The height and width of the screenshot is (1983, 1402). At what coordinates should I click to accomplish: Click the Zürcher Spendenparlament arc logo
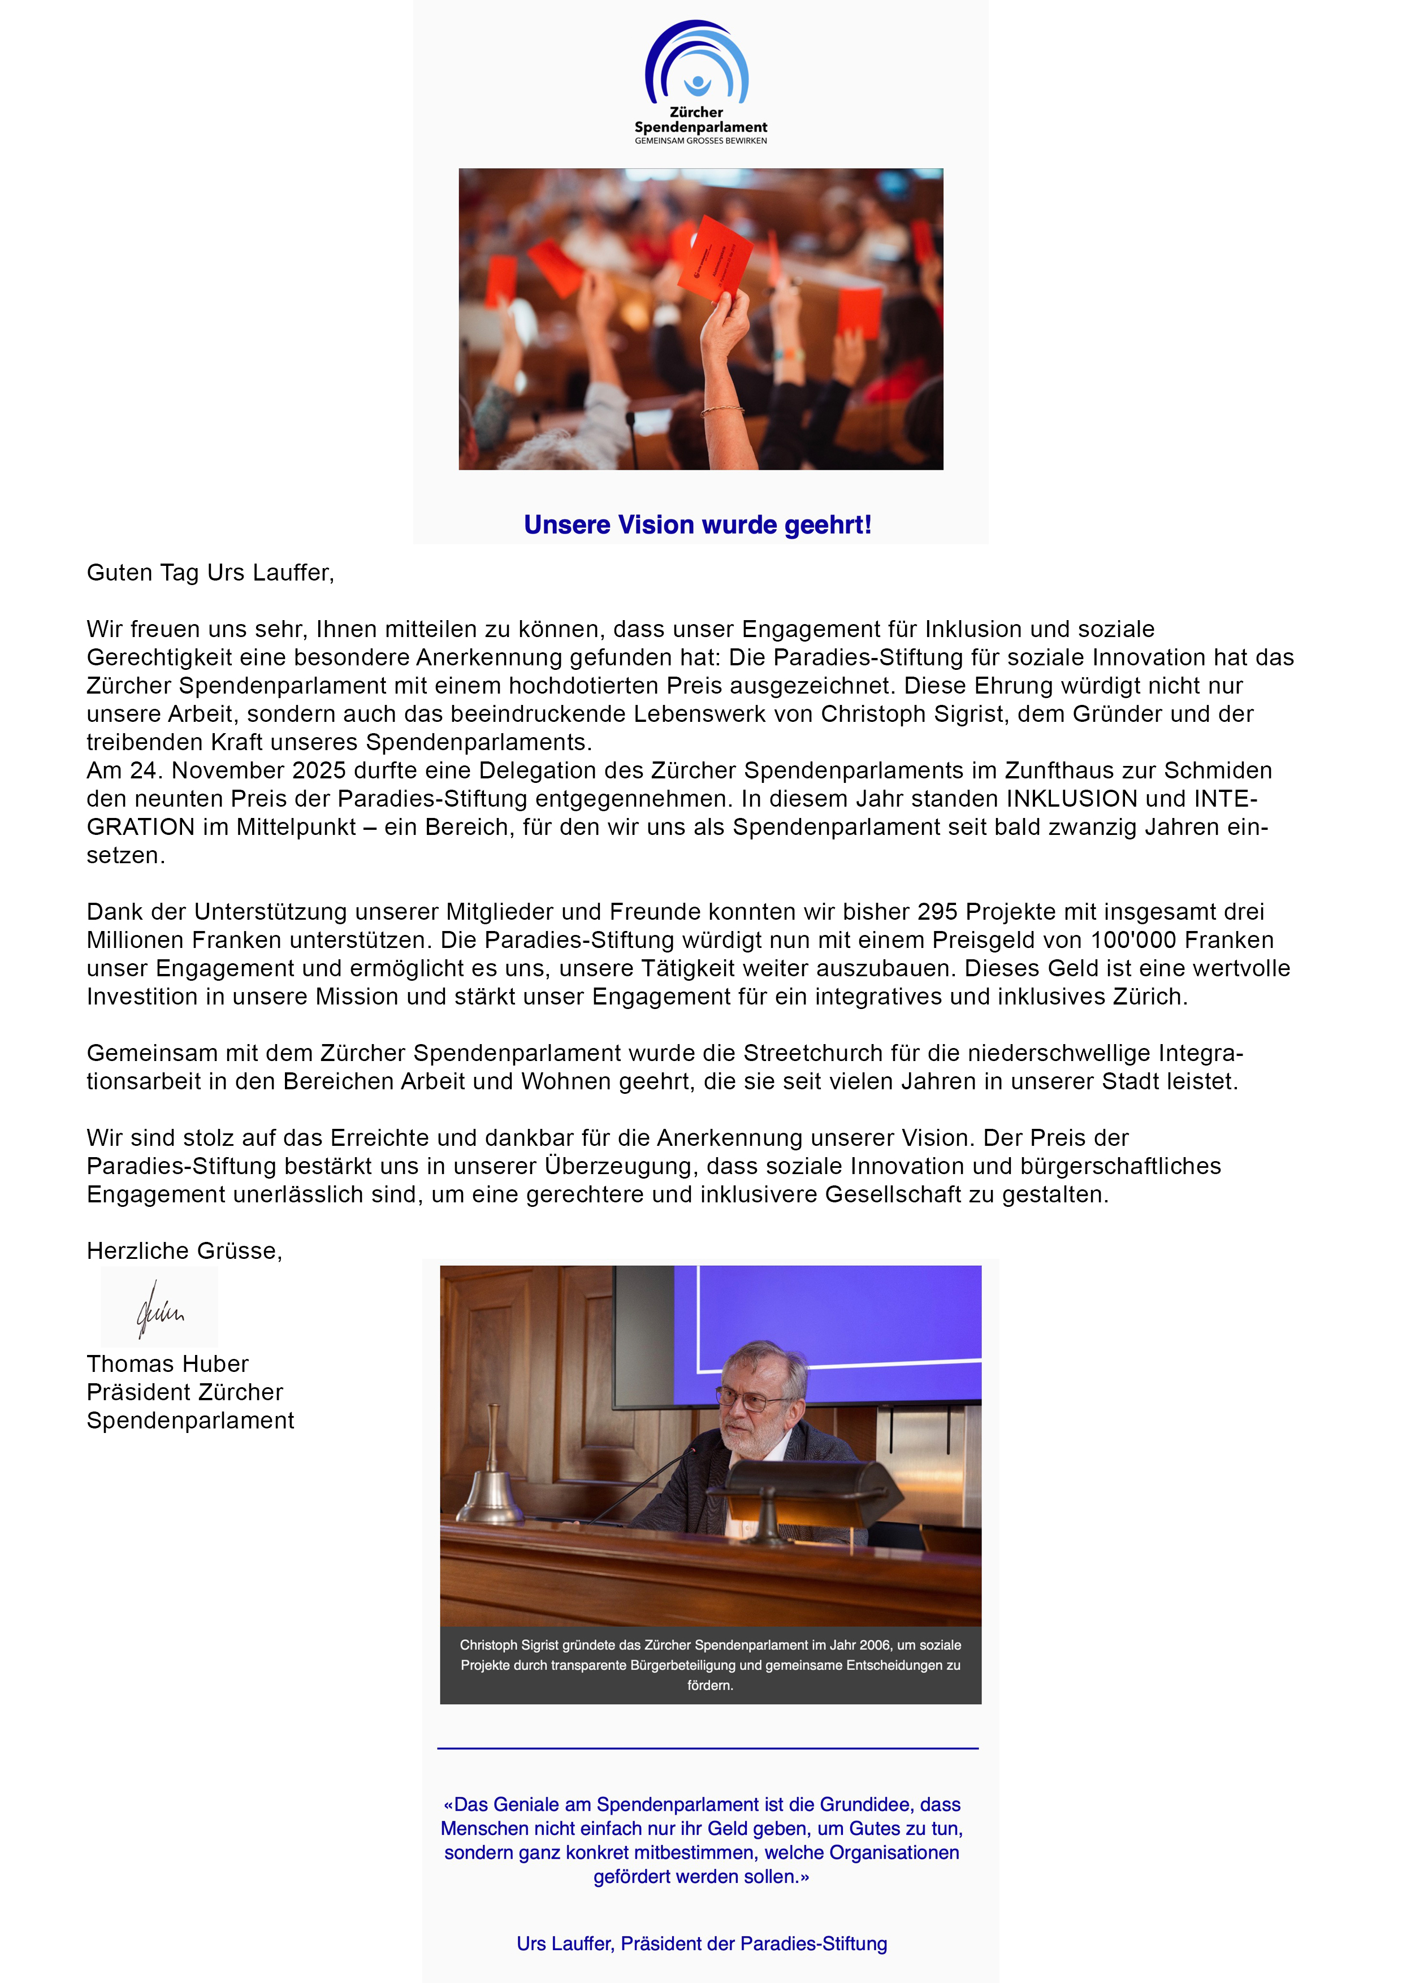696,62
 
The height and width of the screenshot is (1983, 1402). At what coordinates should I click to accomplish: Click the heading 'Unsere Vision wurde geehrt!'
697,524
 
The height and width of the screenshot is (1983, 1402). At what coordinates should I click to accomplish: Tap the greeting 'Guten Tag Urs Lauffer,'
210,573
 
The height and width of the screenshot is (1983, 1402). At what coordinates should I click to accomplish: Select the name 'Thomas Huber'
167,1364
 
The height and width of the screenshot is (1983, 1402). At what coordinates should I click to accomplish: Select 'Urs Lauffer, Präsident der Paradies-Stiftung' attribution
702,1943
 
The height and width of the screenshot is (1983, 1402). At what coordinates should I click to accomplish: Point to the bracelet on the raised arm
721,409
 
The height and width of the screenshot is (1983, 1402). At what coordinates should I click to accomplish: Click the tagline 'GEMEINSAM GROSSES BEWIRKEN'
700,141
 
